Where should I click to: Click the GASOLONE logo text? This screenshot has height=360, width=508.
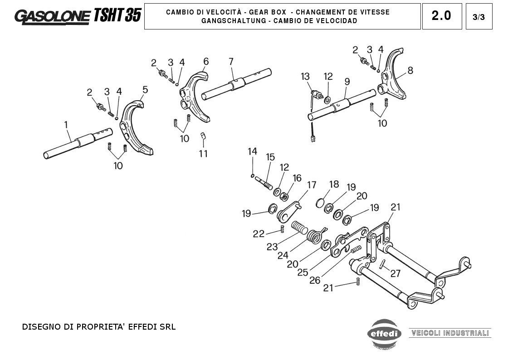coord(52,16)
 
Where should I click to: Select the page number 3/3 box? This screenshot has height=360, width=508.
coord(479,17)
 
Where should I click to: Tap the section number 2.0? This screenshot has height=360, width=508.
coord(441,16)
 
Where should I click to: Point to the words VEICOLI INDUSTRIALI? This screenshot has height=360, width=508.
coord(449,333)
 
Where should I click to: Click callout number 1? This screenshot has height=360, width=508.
coord(66,124)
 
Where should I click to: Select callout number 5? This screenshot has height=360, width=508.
coord(145,90)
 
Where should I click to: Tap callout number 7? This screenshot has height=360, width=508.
coord(231,61)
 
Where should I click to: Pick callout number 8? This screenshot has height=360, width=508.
coord(410,70)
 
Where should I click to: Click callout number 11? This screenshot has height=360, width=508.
coord(203,154)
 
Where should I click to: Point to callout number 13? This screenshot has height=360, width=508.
coord(305,76)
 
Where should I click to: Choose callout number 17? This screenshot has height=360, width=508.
coord(312,185)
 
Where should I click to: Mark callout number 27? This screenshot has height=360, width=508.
coord(396,273)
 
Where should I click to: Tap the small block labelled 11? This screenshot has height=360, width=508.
coord(204,136)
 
